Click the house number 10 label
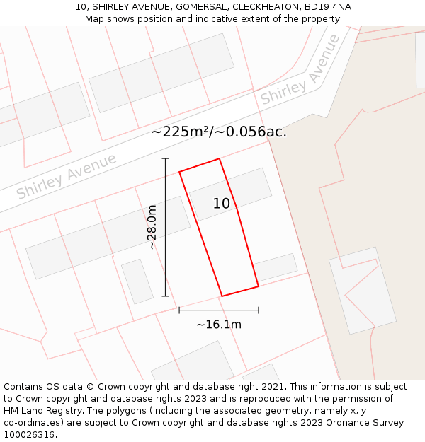point(222,204)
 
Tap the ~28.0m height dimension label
point(152,227)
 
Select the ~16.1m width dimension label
point(219,325)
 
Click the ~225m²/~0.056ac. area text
point(219,132)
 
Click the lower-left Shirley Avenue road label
point(67,176)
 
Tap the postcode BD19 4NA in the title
point(327,7)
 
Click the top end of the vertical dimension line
point(165,158)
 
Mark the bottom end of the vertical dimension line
point(165,296)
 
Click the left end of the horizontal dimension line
point(179,310)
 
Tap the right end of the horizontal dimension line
point(259,310)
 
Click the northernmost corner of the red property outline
point(220,158)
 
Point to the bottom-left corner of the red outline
point(222,296)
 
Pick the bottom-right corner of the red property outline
point(259,286)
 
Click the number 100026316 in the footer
point(29,435)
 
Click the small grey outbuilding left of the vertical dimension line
point(137,281)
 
